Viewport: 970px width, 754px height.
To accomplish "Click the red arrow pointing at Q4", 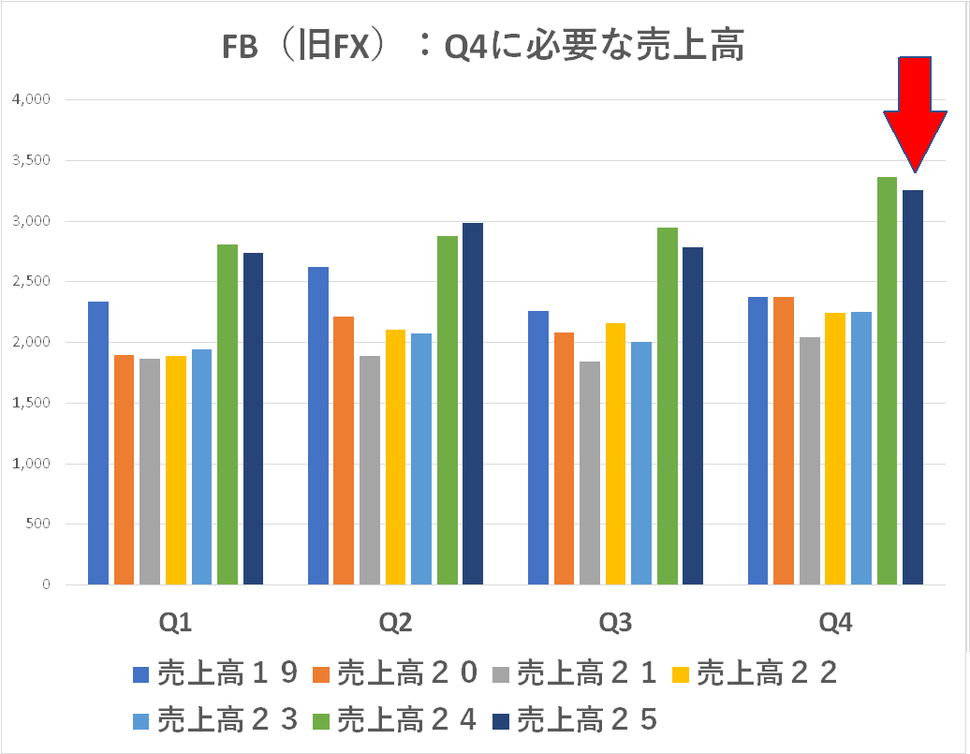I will coord(914,108).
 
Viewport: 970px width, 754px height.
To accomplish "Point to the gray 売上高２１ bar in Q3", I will coord(589,473).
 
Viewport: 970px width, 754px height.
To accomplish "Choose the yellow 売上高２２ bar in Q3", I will coord(615,453).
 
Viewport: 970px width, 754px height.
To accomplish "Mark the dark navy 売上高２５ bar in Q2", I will coord(473,404).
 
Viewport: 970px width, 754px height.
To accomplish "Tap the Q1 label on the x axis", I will coord(176,623).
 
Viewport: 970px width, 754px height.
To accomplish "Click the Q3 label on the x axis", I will coord(615,623).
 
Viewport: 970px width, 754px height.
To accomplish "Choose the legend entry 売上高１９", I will coord(215,673).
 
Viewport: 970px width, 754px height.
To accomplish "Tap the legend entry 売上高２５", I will coord(577,719).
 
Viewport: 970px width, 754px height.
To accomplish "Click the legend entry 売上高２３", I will coord(215,719).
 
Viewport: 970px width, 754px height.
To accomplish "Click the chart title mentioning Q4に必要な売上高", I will coord(483,45).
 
